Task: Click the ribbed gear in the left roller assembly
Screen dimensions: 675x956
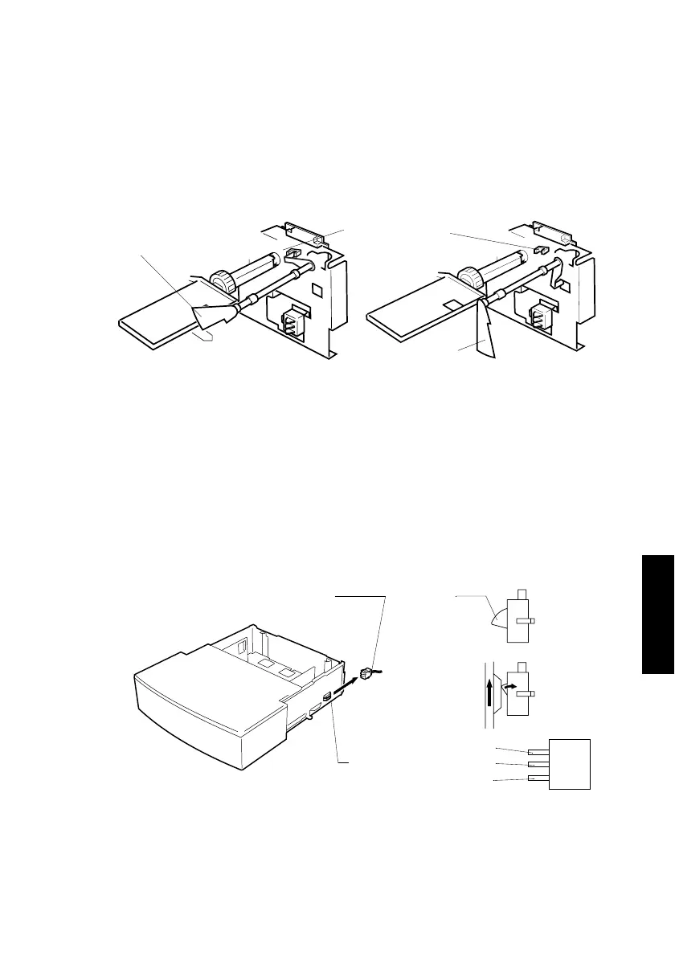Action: (x=221, y=281)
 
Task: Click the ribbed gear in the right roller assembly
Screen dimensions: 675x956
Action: (x=471, y=281)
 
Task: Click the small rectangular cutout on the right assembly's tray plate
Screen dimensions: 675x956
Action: (x=452, y=305)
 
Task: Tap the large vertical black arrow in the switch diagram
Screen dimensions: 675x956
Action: (x=489, y=689)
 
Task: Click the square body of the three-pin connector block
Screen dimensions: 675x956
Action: (x=570, y=764)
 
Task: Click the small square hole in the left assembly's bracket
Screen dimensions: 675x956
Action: (x=317, y=287)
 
